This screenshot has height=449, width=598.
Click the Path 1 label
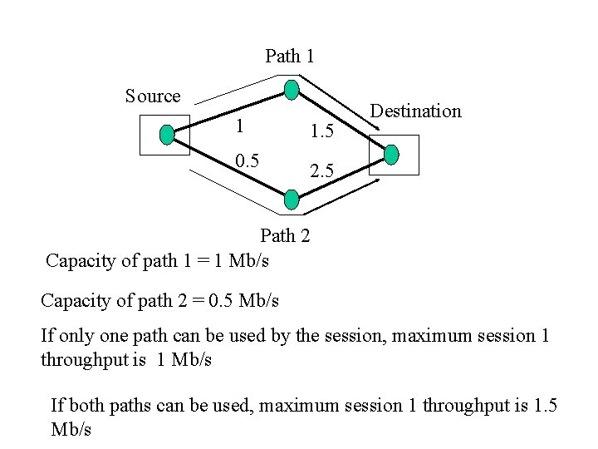click(x=289, y=57)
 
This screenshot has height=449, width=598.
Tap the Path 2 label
click(x=285, y=235)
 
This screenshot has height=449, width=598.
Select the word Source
click(x=153, y=96)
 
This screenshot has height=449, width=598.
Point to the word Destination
click(x=415, y=111)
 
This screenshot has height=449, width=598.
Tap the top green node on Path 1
click(x=291, y=90)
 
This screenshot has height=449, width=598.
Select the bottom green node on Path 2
click(x=292, y=199)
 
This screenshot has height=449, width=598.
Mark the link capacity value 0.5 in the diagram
click(x=246, y=160)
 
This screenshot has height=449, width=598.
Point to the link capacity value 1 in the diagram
click(x=239, y=126)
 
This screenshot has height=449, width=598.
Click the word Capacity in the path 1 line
click(x=77, y=261)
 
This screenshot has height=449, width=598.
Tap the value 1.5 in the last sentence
click(x=544, y=406)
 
